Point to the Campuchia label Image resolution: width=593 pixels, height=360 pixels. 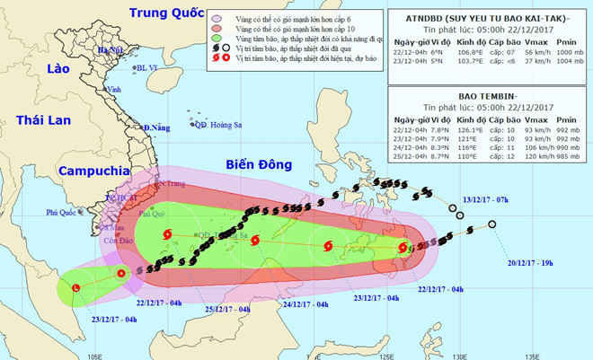85,171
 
